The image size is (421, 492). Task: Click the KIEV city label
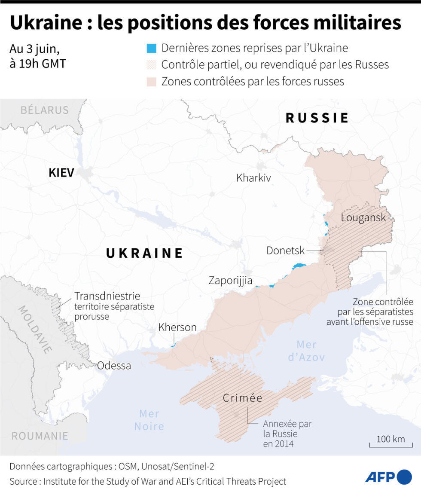pos(61,173)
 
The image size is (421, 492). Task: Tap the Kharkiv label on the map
pos(253,177)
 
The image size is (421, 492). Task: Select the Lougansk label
pos(363,217)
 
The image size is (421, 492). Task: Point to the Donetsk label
pos(285,251)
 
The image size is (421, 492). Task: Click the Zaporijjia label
pos(234,281)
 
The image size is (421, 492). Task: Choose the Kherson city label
pos(177,327)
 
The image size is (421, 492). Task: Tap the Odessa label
pos(114,366)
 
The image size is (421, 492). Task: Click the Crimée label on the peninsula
pos(242,398)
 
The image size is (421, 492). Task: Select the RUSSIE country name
pos(317,118)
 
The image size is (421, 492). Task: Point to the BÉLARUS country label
pos(45,110)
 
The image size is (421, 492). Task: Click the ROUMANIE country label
pos(40,436)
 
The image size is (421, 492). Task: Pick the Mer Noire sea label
pos(149,420)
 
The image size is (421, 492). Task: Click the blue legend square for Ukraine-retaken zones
pos(151,48)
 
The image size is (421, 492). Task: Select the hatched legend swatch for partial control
pos(151,65)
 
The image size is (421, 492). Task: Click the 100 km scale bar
pos(390,443)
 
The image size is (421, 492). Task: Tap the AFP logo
pos(388,477)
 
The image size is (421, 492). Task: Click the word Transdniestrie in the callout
pos(107,296)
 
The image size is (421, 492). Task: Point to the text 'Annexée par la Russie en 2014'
pos(287,434)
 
